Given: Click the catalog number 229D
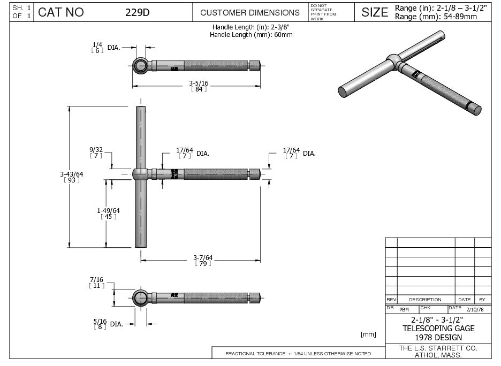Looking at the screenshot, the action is point(138,12).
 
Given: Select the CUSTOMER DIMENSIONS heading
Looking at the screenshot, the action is point(250,13).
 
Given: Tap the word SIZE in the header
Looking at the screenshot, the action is point(375,12).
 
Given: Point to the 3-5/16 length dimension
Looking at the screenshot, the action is point(199,86).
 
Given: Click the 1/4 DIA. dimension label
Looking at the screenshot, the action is point(106,48).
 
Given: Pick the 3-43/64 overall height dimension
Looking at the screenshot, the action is point(72,177).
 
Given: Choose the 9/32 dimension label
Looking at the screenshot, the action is point(96,152).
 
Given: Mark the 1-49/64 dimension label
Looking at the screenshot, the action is point(108,213).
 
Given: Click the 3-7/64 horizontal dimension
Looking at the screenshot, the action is point(203,260).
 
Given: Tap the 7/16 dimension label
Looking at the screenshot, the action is point(96,283).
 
